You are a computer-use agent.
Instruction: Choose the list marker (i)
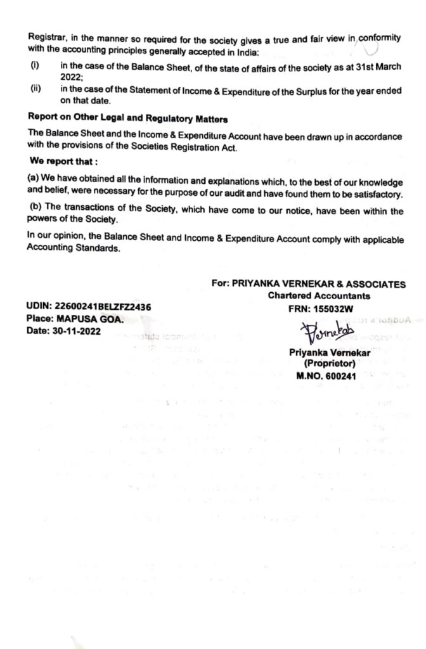[35, 66]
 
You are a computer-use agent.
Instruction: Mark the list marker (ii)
[35, 89]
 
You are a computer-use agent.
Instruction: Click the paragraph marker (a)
[33, 178]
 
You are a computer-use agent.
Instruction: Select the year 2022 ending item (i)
[72, 77]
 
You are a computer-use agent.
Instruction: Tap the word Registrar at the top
[46, 37]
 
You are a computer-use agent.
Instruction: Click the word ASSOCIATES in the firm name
[375, 285]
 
